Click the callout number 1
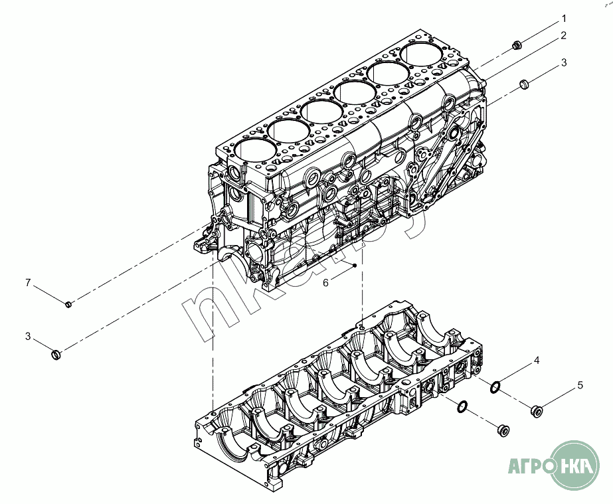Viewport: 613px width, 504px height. click(564, 19)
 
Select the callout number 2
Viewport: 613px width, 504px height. click(563, 36)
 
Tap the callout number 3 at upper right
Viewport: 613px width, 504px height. click(564, 62)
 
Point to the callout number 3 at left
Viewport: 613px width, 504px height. click(28, 336)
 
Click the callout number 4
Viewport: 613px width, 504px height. click(537, 361)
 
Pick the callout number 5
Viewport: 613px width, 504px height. click(580, 385)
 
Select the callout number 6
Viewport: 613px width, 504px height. click(325, 282)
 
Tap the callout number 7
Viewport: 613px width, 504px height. click(28, 282)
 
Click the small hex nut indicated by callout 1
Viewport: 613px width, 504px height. click(517, 46)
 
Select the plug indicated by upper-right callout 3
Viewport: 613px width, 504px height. click(524, 84)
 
